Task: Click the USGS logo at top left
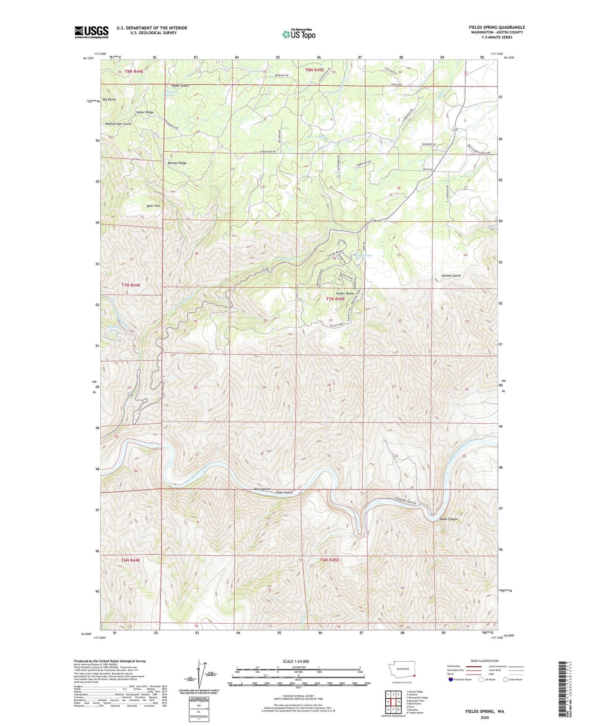point(92,32)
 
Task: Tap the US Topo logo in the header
point(298,34)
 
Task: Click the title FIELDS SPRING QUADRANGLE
point(497,27)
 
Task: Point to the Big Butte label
point(109,100)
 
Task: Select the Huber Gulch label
point(179,86)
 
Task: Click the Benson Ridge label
point(177,163)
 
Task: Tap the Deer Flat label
point(153,206)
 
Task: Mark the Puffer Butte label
point(345,293)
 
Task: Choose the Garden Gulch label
point(451,276)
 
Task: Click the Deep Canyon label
point(449,519)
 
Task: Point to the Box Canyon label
point(262,489)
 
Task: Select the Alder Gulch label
point(284,492)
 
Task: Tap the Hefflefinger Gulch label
point(119,124)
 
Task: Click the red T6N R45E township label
point(329,560)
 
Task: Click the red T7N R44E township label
point(131,285)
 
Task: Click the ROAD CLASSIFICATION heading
point(485,661)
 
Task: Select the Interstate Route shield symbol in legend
point(452,679)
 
